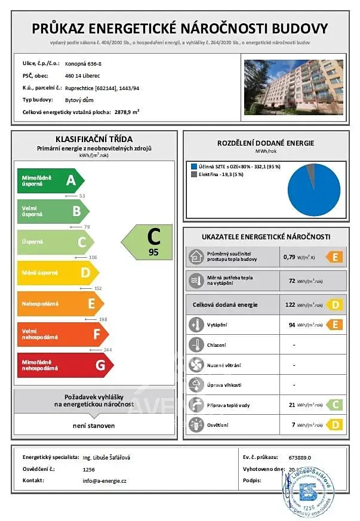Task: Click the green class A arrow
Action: (51, 180)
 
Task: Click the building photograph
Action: (294, 87)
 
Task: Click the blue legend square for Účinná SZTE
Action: (193, 166)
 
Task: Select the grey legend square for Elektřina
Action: (193, 175)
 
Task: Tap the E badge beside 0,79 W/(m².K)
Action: (334, 258)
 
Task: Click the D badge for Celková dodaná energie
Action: (334, 304)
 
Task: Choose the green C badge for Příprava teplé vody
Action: (334, 405)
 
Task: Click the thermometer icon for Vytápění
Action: (196, 325)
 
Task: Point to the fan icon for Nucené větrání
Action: (196, 365)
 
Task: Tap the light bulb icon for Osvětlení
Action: (196, 424)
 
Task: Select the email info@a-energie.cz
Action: (104, 480)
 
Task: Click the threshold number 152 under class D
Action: (98, 288)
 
